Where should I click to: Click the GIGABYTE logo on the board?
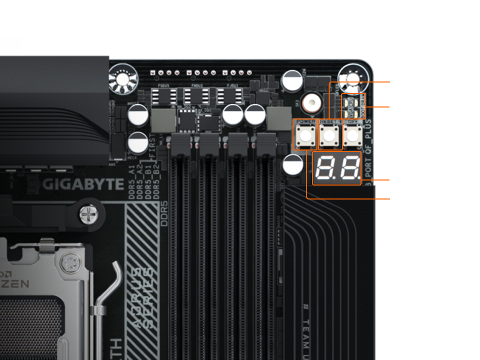pyautogui.click(x=83, y=184)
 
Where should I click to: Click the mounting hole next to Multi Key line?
pyautogui.click(x=353, y=77)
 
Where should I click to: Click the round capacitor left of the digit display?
pyautogui.click(x=293, y=164)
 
